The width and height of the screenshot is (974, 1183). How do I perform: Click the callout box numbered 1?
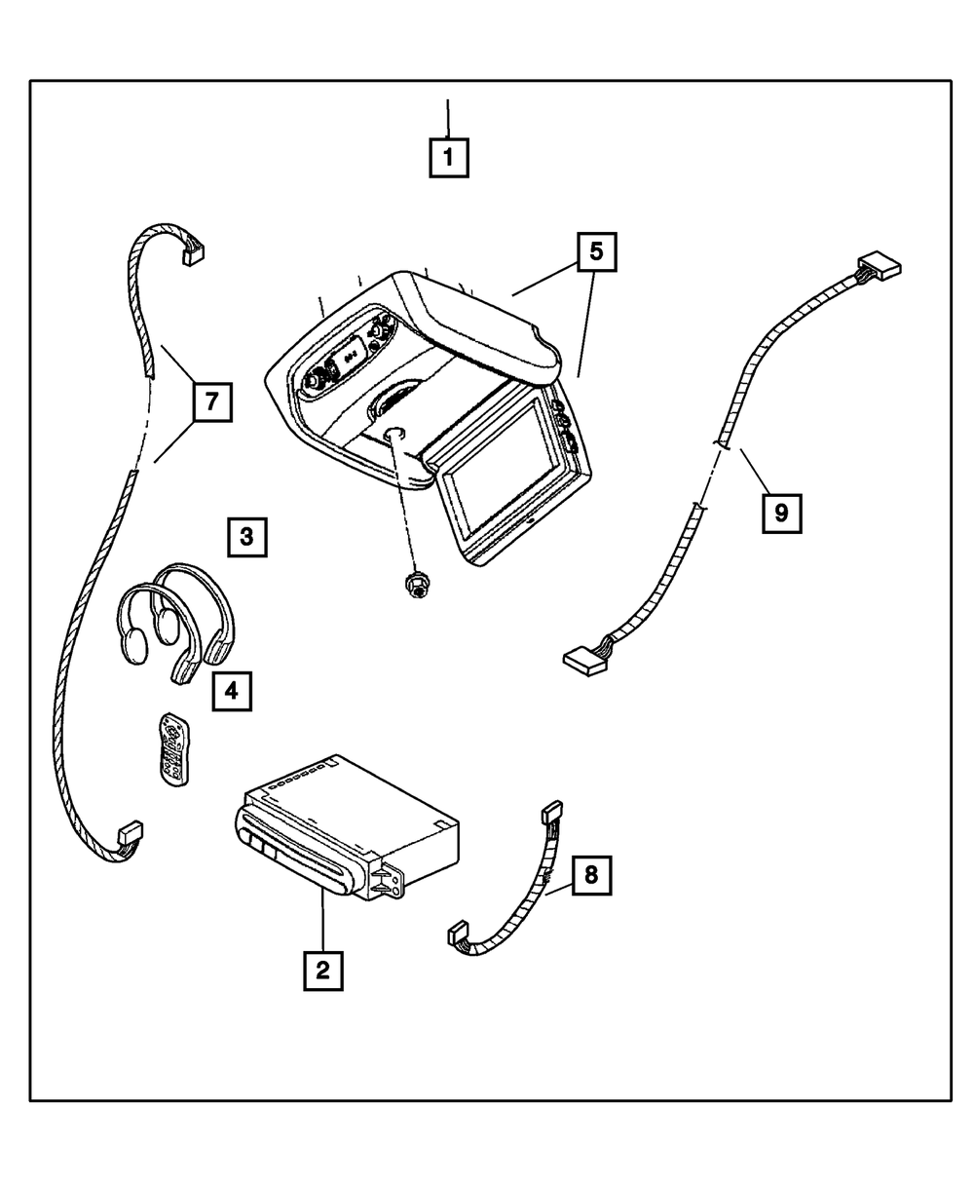tap(448, 158)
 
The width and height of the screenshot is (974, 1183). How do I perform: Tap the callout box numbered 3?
tap(246, 537)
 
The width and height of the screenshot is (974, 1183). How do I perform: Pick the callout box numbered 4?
tap(232, 691)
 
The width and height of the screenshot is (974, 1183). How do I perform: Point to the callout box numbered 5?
tap(596, 251)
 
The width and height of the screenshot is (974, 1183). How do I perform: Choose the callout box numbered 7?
tap(212, 401)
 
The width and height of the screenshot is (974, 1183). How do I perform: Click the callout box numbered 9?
tap(781, 514)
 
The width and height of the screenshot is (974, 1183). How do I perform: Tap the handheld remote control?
tap(173, 748)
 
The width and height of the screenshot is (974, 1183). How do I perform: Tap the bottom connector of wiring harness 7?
tap(130, 832)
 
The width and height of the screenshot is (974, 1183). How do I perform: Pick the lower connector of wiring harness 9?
tap(584, 662)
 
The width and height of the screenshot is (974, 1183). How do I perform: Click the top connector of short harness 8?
tap(552, 812)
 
